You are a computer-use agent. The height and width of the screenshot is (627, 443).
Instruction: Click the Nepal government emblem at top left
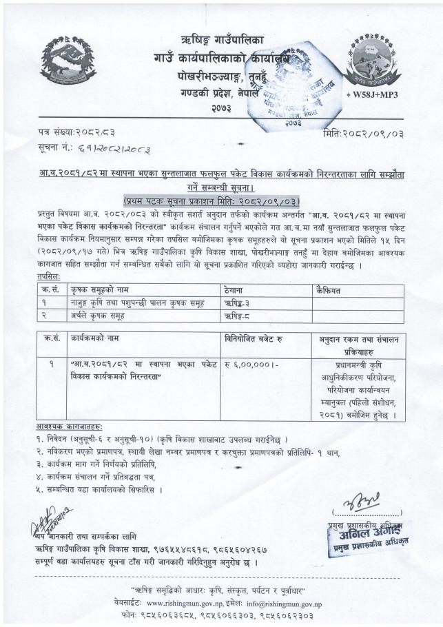tap(68, 61)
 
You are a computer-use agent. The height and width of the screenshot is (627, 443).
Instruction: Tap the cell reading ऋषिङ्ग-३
tap(240, 303)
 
